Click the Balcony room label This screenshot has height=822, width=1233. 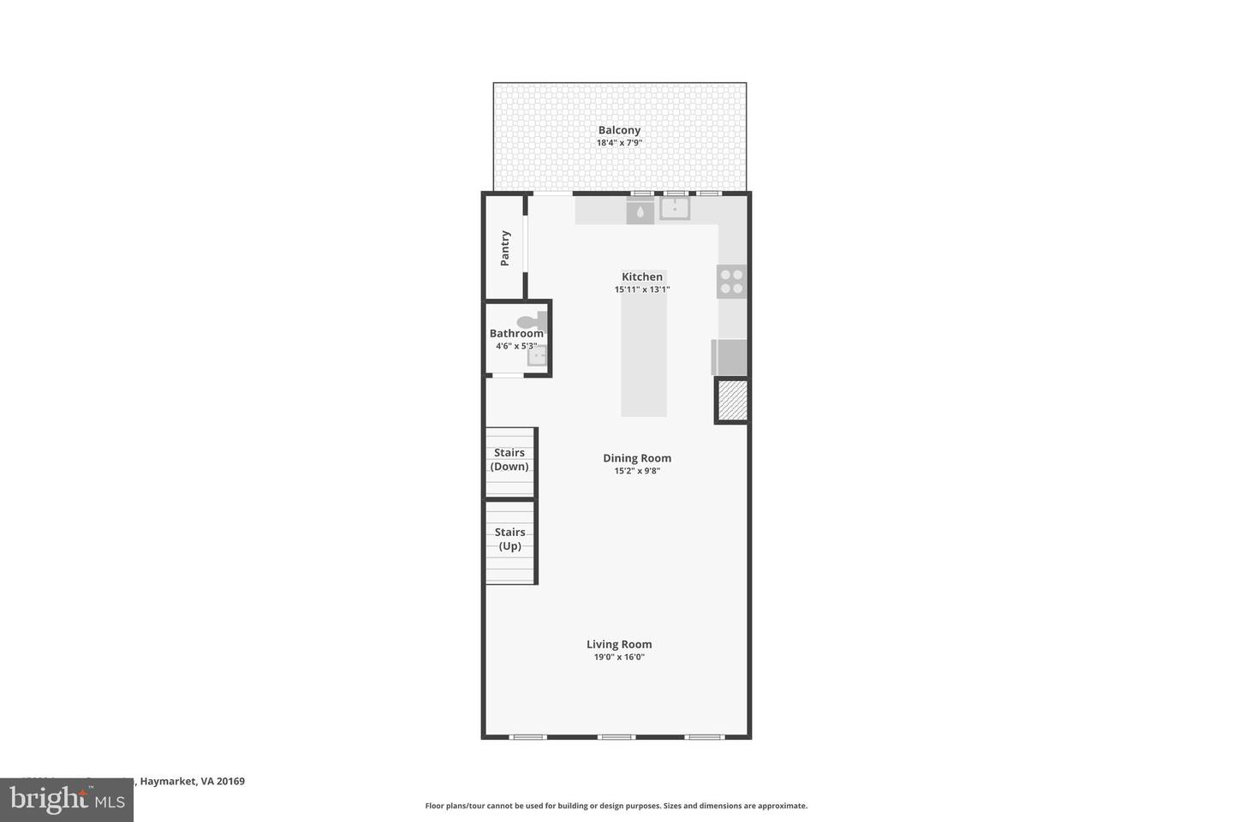coord(619,130)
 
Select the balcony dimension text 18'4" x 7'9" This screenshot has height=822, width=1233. coord(619,143)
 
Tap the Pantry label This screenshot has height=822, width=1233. coord(505,247)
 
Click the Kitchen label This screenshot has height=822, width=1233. coord(642,277)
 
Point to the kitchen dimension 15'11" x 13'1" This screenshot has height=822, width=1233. coord(642,289)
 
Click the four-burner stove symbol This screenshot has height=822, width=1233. coord(732,282)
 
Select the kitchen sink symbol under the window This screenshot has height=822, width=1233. coord(675,208)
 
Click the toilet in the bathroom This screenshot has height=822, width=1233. coord(532,321)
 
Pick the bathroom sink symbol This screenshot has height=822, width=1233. coord(537,356)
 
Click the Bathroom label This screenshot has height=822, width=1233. coord(515,333)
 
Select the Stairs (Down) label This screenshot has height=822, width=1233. coord(509,460)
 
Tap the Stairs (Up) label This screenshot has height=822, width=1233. coord(509,539)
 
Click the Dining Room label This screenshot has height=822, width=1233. coord(637,458)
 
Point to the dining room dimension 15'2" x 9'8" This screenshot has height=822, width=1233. coord(637,471)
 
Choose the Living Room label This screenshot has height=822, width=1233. coord(619,644)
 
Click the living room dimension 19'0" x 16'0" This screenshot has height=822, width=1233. coord(619,658)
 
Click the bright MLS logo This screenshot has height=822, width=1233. coord(67,800)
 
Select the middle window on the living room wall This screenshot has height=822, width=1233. coord(616,736)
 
